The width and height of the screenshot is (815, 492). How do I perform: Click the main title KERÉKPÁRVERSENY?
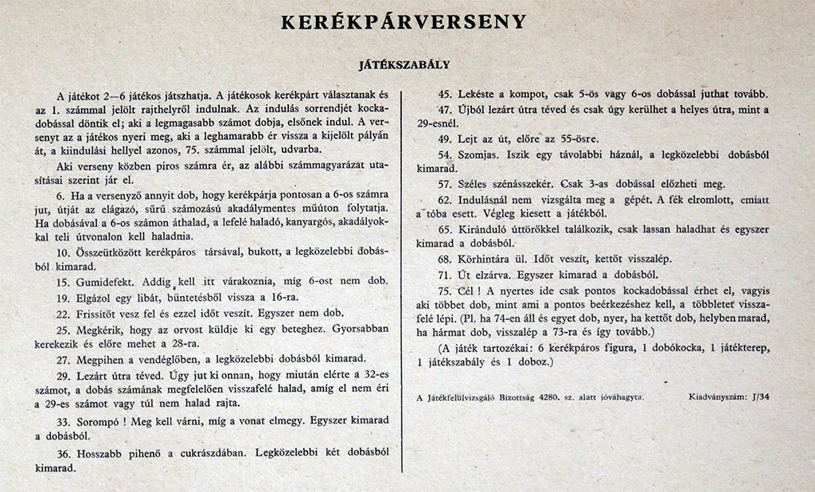tap(404, 21)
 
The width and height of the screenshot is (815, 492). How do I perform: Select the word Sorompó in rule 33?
tap(99, 421)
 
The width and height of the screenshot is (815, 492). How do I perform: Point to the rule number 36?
tap(64, 452)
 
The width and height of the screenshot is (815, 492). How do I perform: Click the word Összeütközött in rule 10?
tap(111, 252)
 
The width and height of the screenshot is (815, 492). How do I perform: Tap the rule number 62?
tap(444, 199)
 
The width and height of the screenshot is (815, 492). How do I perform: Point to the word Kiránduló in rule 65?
tap(486, 229)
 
